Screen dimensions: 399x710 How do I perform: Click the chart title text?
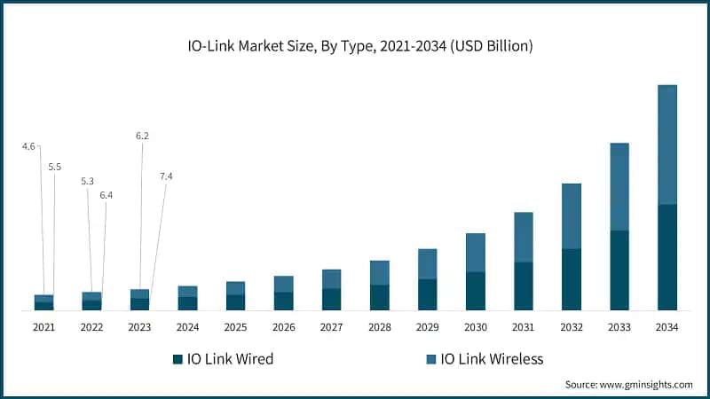[x=355, y=46]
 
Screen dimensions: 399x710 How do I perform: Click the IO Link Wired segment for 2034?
[x=667, y=257]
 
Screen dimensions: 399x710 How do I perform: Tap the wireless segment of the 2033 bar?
[x=619, y=186]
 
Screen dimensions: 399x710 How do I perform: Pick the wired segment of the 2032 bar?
[x=571, y=279]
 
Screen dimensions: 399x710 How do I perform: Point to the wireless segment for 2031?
[x=524, y=237]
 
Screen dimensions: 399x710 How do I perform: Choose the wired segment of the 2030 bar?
[x=476, y=291]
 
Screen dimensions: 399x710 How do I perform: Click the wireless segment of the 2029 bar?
[x=428, y=263]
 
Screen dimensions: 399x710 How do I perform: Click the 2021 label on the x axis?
[x=43, y=327]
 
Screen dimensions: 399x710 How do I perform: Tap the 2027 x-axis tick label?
[x=331, y=327]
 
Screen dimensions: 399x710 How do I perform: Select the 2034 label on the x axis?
[x=667, y=327]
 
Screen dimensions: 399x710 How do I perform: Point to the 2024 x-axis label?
[x=187, y=327]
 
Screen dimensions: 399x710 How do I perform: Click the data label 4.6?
[x=28, y=145]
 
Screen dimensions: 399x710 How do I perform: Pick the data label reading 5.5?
[x=55, y=167]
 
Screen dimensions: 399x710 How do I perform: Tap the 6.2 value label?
[x=142, y=136]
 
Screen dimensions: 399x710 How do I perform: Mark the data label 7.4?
[x=166, y=176]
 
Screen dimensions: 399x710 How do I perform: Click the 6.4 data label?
[x=106, y=194]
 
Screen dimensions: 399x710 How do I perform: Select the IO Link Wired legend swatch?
[x=177, y=359]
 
